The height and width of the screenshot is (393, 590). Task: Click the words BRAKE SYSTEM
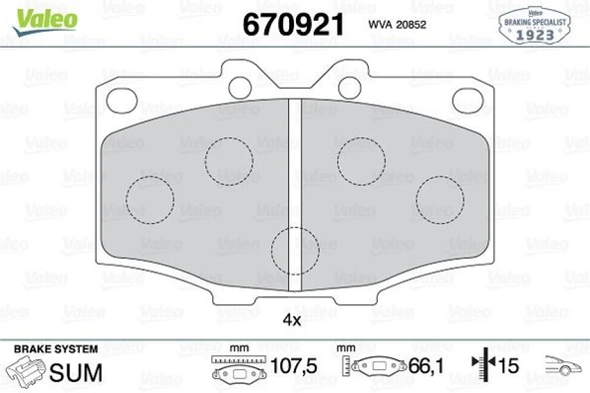(56, 349)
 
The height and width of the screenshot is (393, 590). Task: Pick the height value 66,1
(425, 368)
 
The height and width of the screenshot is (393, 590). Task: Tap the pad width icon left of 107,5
(239, 370)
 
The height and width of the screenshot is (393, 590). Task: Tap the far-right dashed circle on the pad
(438, 199)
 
